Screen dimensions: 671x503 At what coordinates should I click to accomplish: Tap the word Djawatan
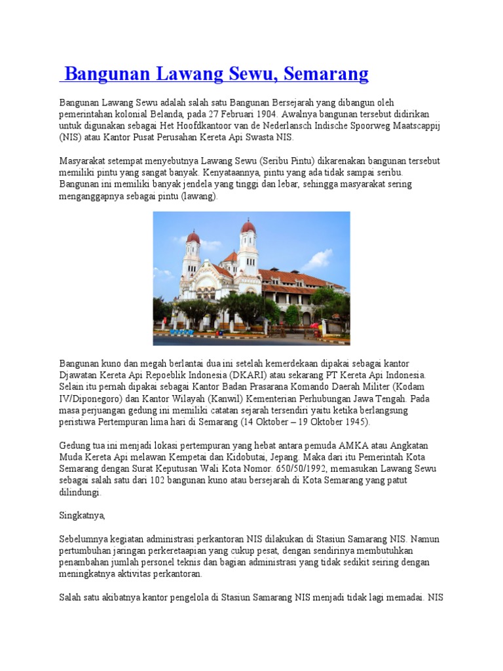[x=81, y=375]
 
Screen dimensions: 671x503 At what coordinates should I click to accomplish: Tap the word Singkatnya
[x=82, y=516]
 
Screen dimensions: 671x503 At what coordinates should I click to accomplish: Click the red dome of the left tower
[x=193, y=237]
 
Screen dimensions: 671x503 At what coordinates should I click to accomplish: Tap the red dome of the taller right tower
[x=248, y=227]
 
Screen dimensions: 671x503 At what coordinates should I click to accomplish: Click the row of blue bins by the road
[x=181, y=332]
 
